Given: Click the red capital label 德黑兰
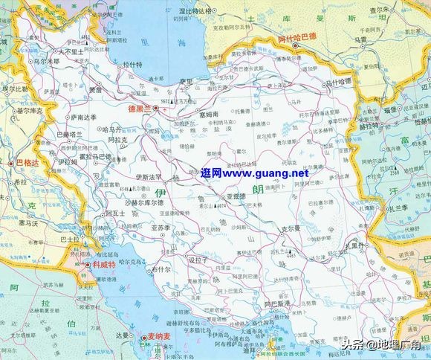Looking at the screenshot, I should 139,108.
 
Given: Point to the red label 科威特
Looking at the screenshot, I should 104,264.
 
